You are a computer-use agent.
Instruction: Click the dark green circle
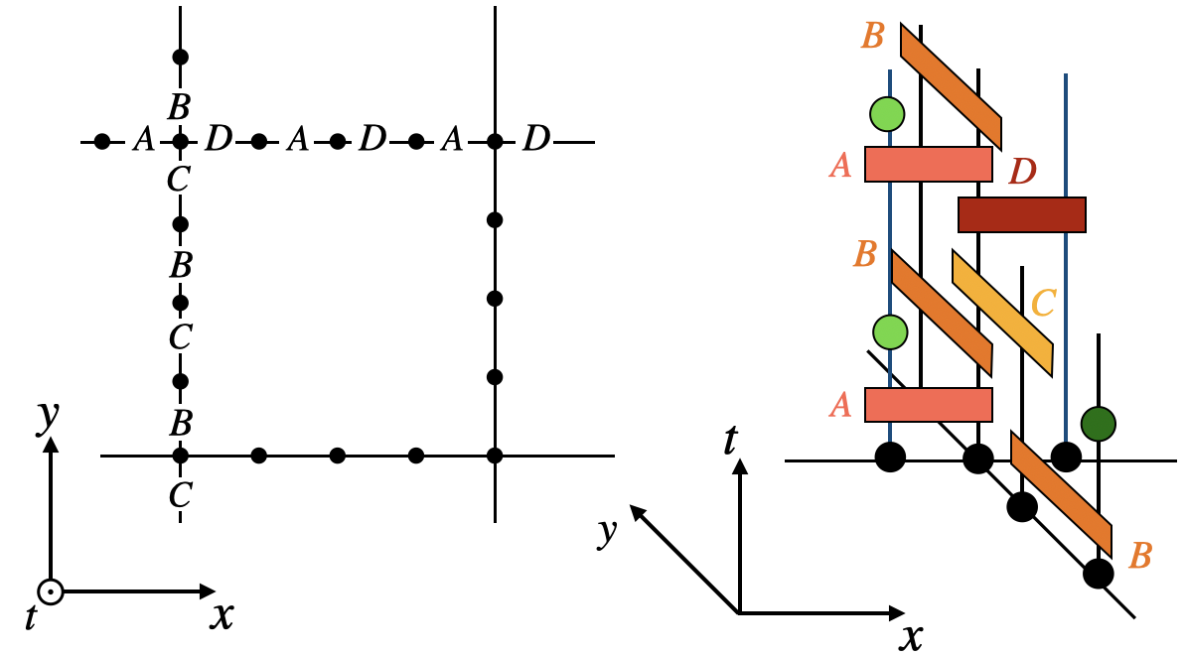pos(1099,424)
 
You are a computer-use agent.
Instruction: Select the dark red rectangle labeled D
pos(1021,215)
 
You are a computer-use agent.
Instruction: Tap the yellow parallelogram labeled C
pos(1001,314)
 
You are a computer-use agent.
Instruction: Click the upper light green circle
pos(886,114)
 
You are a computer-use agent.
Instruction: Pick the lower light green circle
pos(890,331)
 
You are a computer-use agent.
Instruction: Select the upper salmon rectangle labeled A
pos(928,164)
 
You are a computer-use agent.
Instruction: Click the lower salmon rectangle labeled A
pos(928,404)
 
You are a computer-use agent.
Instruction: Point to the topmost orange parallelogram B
pos(951,85)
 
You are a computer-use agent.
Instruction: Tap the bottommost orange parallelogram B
pos(1060,493)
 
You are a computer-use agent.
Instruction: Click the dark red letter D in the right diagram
pos(1023,173)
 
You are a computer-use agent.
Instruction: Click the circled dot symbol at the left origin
pos(51,592)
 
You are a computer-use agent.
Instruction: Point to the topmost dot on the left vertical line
pos(180,57)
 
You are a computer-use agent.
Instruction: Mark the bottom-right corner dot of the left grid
pos(495,456)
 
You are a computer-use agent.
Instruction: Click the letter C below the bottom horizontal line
pos(180,493)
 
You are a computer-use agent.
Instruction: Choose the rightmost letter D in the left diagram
pos(535,141)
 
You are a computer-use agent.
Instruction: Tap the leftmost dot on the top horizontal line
pos(102,142)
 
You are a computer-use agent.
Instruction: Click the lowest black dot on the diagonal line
pos(1098,574)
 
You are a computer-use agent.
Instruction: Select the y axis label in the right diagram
pos(608,533)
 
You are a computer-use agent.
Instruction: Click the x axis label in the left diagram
pos(222,617)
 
